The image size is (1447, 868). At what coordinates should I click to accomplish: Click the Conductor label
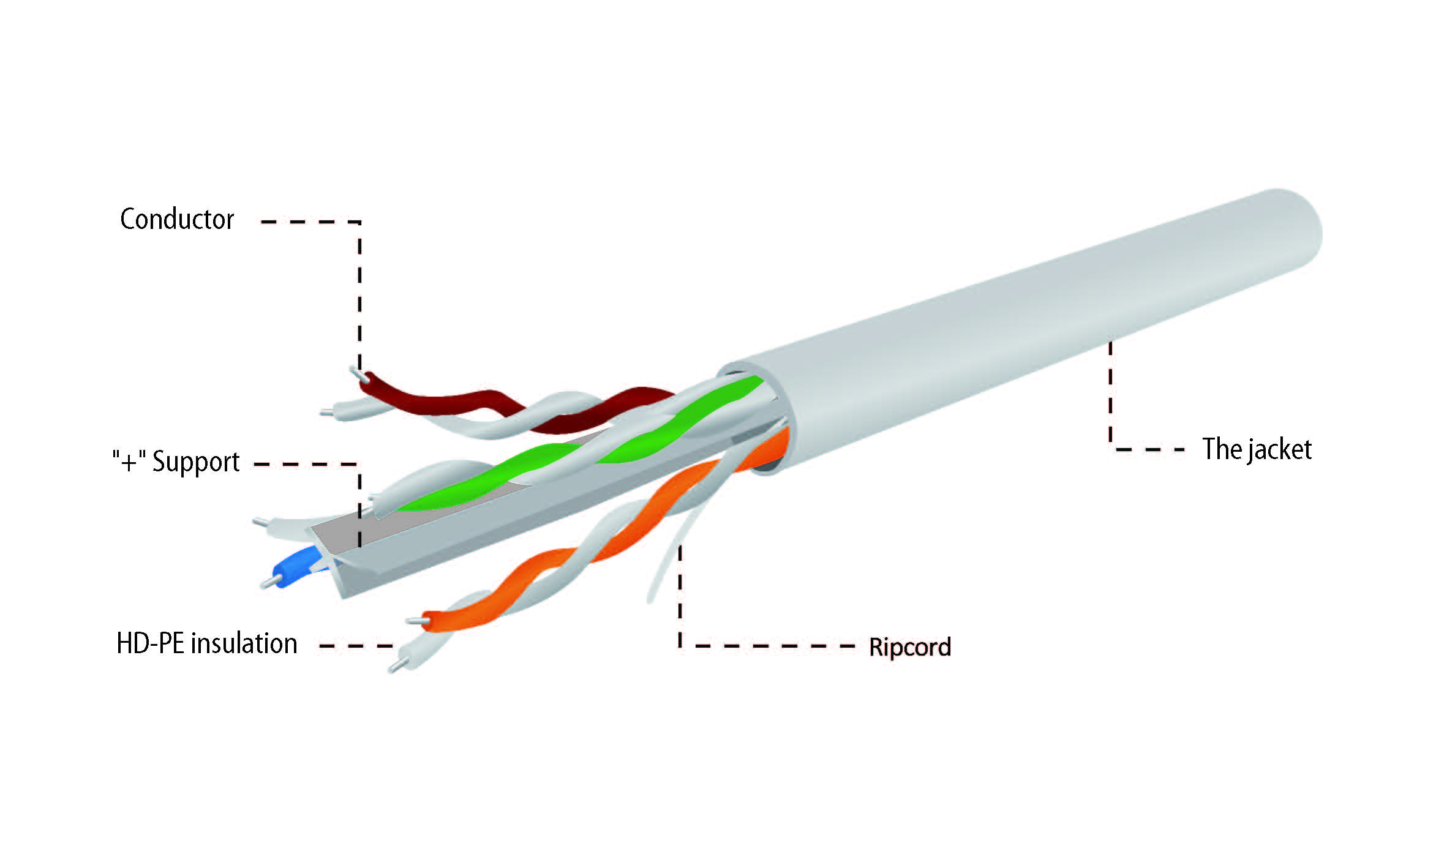177,219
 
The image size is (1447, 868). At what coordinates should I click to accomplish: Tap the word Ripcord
910,648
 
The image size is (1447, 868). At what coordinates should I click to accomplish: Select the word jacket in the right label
1280,450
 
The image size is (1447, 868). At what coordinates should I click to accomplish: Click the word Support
196,462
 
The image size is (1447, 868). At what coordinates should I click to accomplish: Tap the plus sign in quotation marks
129,462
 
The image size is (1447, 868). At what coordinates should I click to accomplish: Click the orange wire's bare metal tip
415,621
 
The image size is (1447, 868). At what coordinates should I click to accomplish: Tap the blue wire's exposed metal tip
268,583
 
